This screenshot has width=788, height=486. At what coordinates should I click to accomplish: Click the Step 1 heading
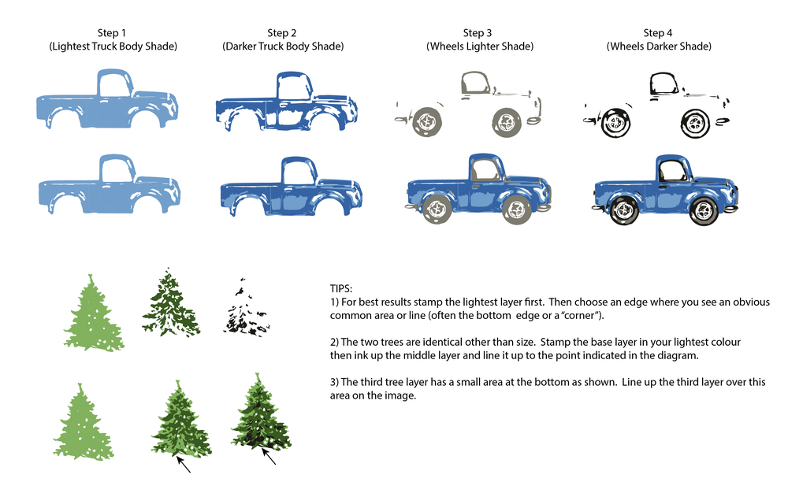pos(112,33)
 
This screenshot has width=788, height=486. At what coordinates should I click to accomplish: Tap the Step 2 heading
pos(281,33)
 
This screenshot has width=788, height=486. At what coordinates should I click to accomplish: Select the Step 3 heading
pos(478,33)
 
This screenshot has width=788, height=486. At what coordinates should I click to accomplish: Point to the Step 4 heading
pos(658,33)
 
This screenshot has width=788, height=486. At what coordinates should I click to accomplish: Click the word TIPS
pos(341,288)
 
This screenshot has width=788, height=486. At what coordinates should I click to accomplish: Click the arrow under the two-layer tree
pos(183,464)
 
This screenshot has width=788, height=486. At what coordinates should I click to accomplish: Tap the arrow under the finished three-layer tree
pos(269,456)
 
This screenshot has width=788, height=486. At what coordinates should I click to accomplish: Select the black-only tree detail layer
pos(246,306)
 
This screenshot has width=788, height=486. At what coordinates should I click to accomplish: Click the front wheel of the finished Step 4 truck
pos(703,212)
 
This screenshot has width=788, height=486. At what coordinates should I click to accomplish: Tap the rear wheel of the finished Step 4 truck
pos(623,210)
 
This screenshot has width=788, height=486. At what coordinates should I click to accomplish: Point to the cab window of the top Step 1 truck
pos(114,84)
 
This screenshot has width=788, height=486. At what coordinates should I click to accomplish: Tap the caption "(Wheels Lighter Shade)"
pos(480,46)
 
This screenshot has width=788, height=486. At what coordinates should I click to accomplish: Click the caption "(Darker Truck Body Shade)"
pos(283,46)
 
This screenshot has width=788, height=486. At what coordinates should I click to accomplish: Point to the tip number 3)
pos(334,382)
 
